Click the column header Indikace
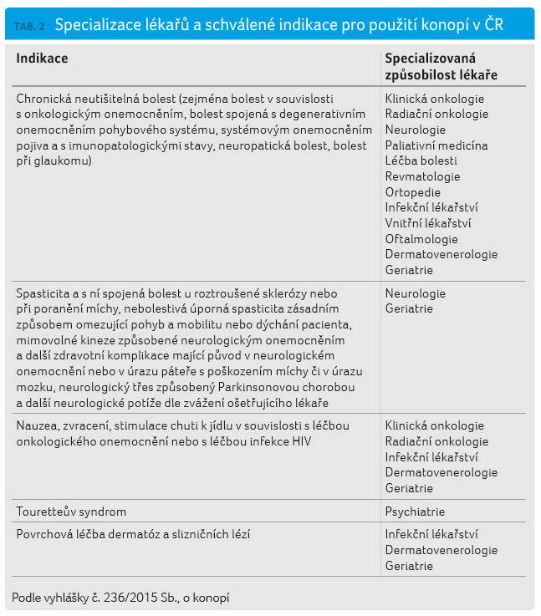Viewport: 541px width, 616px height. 43,59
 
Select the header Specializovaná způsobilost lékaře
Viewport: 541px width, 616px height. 441,66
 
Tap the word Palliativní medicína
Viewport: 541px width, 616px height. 436,145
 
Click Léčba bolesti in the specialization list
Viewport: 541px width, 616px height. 421,160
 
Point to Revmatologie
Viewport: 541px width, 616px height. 423,176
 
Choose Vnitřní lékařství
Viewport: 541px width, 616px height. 428,223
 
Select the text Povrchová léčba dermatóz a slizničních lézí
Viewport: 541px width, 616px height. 133,534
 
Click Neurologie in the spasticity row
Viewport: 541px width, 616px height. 416,293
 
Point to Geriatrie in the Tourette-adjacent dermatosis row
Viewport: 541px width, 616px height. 409,566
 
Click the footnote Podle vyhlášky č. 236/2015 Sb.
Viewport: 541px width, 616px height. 120,597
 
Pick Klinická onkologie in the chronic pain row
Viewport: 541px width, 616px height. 434,98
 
